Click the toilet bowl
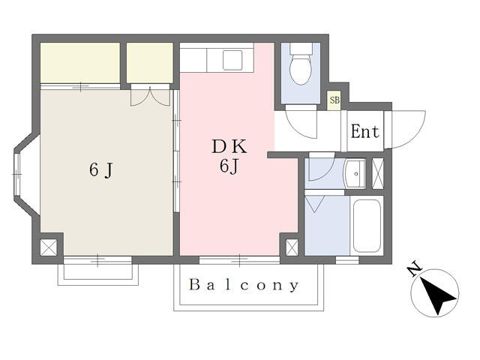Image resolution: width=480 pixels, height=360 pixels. [x=301, y=70]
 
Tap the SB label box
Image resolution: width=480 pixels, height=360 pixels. [x=334, y=100]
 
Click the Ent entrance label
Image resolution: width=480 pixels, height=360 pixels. [x=364, y=132]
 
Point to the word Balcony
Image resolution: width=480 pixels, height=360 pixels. [x=244, y=285]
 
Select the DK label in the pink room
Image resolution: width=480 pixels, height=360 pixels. [x=229, y=147]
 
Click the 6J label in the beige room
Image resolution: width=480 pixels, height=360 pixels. [x=101, y=170]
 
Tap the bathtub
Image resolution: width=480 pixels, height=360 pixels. [x=367, y=226]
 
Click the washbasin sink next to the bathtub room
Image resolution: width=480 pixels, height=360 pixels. [x=355, y=173]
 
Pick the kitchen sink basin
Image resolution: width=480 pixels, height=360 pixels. [x=232, y=60]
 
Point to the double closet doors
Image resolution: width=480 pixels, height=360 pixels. [x=150, y=96]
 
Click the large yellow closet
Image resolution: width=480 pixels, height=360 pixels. [x=80, y=63]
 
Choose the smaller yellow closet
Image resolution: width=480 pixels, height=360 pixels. [x=150, y=63]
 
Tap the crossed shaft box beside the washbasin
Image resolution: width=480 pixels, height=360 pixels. [x=378, y=173]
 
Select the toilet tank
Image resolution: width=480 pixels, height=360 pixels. [x=301, y=48]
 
